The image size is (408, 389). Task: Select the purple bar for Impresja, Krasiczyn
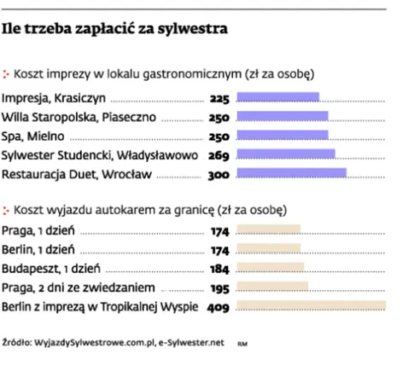point(277,97)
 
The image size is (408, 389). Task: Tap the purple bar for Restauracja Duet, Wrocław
point(290,174)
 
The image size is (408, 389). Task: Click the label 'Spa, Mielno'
point(32,136)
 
